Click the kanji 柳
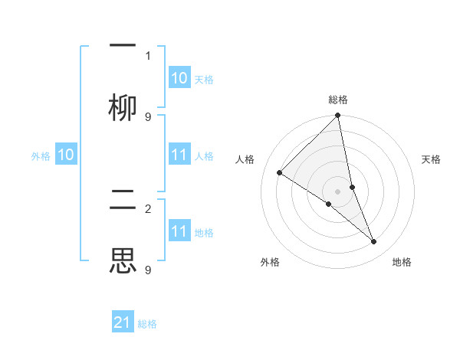click(x=123, y=108)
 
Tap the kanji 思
click(x=123, y=260)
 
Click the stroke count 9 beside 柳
click(x=147, y=116)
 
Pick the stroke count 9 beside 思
click(x=147, y=270)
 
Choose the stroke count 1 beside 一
click(x=147, y=55)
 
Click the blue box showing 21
click(x=123, y=322)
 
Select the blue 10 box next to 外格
click(x=66, y=155)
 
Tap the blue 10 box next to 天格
click(x=179, y=78)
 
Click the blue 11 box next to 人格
click(x=179, y=155)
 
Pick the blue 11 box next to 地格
click(x=179, y=231)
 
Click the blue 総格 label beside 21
click(x=147, y=324)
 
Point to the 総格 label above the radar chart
click(x=338, y=100)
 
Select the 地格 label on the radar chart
click(x=402, y=263)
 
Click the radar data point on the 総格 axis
click(x=337, y=116)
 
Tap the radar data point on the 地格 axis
click(x=374, y=242)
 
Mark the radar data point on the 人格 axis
click(x=280, y=173)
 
